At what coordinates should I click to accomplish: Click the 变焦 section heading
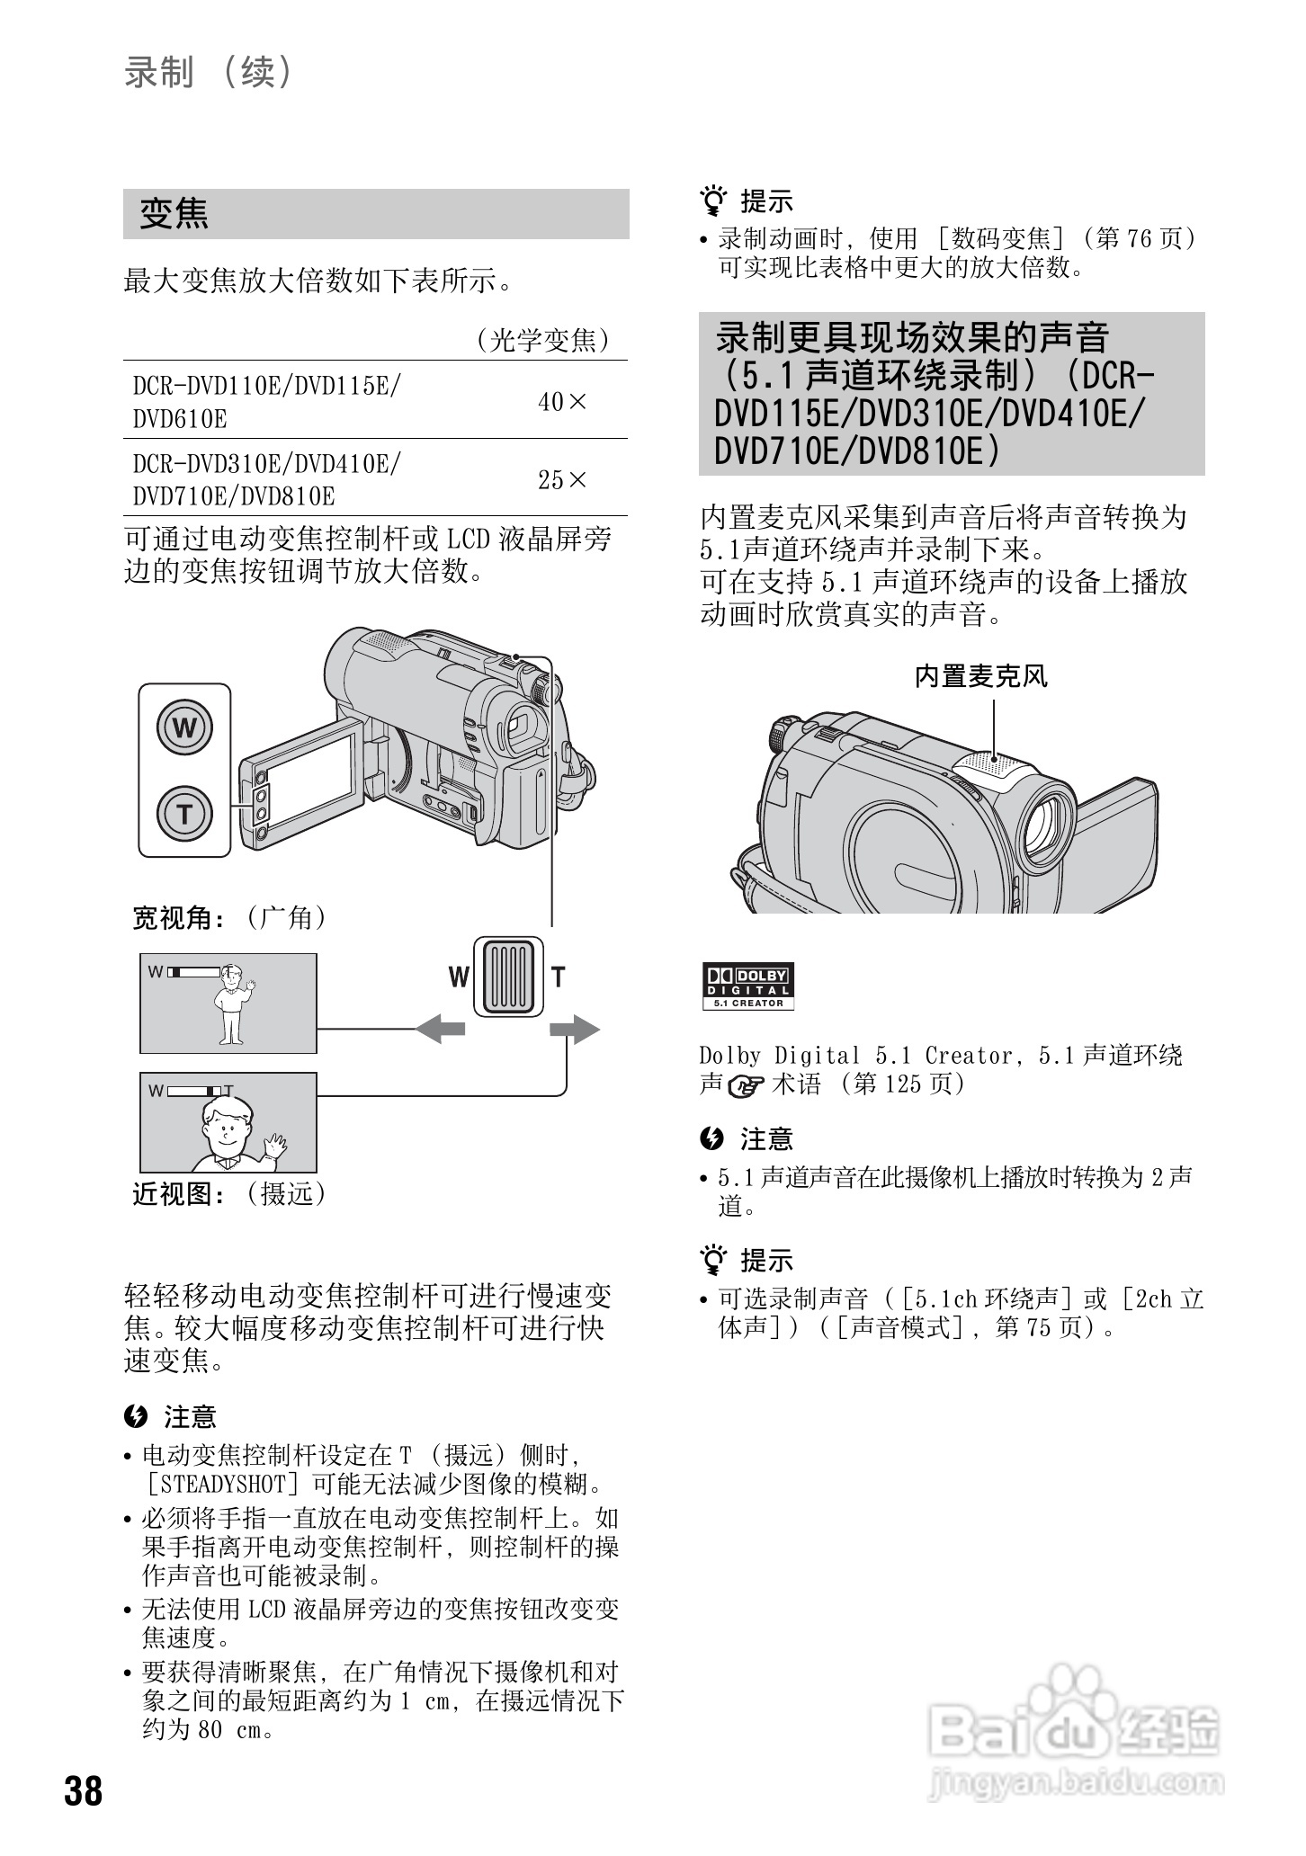point(174,214)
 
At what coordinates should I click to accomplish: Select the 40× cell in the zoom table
point(561,402)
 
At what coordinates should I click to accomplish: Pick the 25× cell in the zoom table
point(561,480)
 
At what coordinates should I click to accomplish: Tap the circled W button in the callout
point(184,727)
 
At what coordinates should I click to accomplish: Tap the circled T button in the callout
point(184,813)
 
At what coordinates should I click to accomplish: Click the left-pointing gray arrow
point(441,1029)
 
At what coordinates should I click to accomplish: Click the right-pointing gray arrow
point(575,1029)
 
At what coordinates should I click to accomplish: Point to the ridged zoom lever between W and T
point(509,977)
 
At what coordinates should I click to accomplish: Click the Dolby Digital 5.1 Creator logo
point(747,986)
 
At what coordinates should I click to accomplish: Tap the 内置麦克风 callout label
point(980,676)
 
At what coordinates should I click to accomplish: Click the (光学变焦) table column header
point(542,340)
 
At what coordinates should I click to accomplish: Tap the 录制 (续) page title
point(209,72)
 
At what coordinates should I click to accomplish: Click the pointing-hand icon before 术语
point(746,1086)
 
